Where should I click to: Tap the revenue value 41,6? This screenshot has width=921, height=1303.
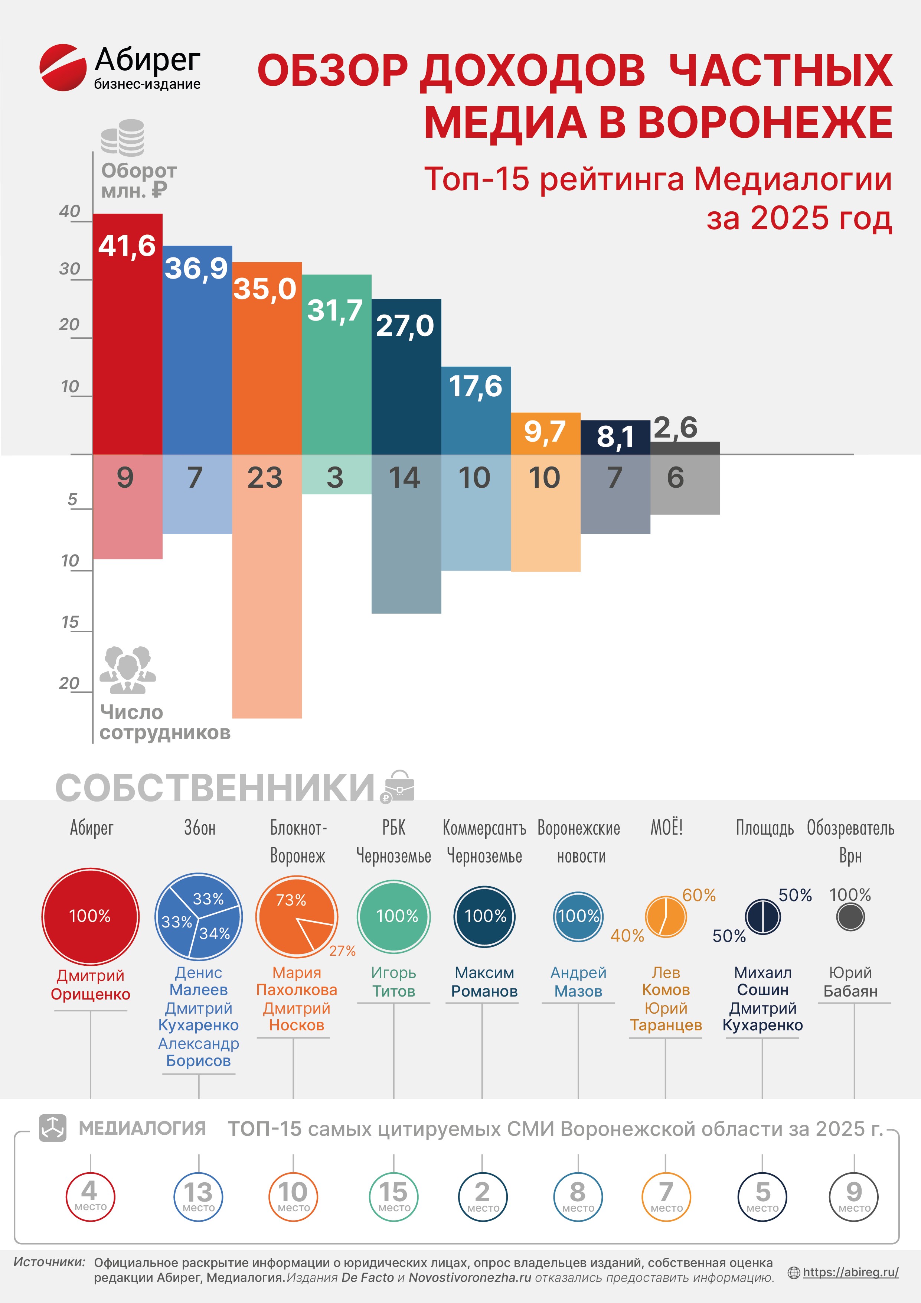point(127,246)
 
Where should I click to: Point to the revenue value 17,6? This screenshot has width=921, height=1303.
point(475,386)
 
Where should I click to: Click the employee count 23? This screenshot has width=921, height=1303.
point(265,478)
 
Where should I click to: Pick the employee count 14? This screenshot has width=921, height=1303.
point(404,478)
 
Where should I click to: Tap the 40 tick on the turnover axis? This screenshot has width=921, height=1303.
point(70,212)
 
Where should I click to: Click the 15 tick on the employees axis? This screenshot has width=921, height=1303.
point(70,622)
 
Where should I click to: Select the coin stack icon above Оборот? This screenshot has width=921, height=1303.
point(123,137)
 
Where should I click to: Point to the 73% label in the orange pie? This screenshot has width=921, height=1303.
point(291,900)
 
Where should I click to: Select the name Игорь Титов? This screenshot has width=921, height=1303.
point(393,982)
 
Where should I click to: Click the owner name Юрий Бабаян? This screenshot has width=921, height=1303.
point(850,982)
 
